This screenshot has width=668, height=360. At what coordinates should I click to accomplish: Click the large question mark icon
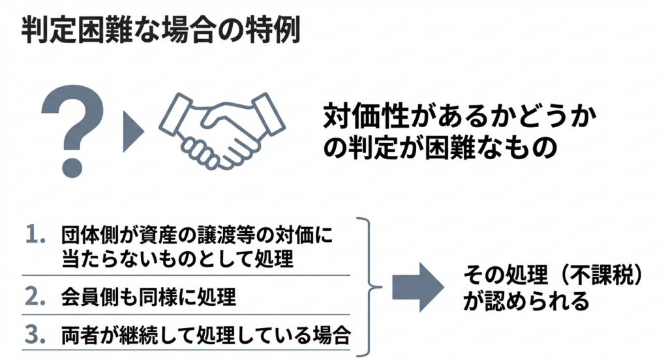click(72, 130)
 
